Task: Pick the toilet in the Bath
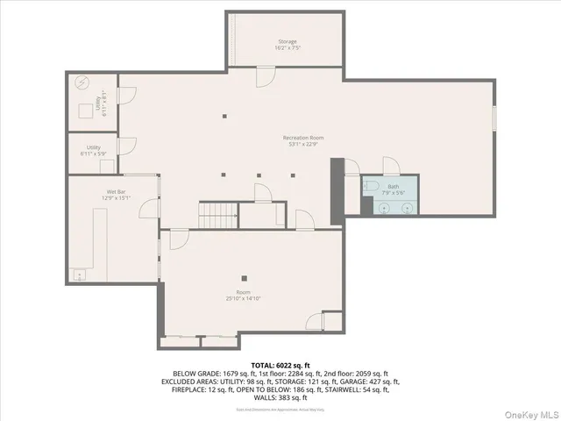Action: (x=372, y=187)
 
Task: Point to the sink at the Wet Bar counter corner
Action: (x=80, y=276)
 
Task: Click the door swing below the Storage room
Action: (x=262, y=77)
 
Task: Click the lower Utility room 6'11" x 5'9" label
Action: (x=93, y=150)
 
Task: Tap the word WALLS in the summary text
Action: (x=262, y=397)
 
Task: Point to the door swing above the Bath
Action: (x=391, y=166)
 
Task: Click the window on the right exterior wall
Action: (x=494, y=117)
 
